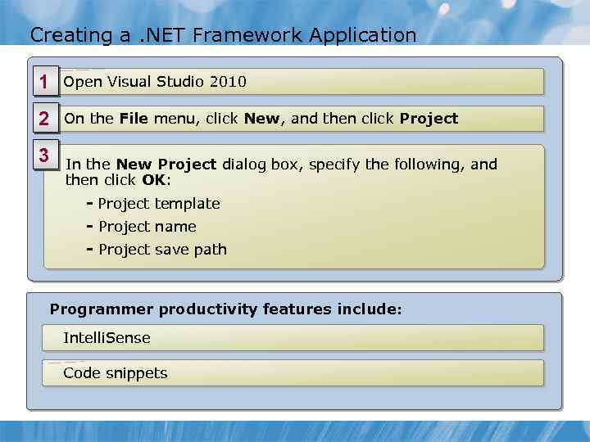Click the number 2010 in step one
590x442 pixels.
(x=228, y=82)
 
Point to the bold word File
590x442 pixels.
(x=134, y=119)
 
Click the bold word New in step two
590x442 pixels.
(x=261, y=119)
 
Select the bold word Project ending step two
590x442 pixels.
(x=429, y=119)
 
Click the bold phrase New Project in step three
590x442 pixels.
(x=166, y=165)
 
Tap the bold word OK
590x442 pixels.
(x=153, y=180)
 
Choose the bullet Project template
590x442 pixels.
(x=158, y=204)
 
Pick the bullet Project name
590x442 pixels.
(x=147, y=227)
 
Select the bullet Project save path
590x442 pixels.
(x=161, y=250)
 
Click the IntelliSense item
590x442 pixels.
(x=107, y=337)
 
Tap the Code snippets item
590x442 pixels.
(x=115, y=373)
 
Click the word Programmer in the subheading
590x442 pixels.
(x=102, y=309)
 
